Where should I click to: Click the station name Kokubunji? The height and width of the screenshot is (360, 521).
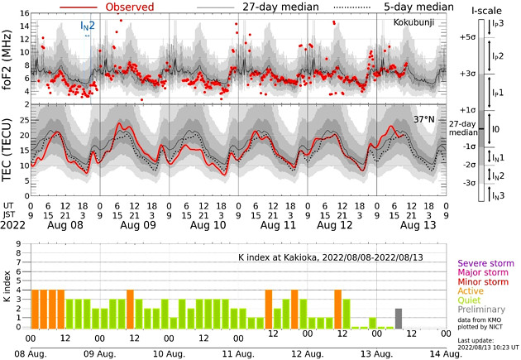418,21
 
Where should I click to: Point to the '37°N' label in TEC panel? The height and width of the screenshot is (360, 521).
427,119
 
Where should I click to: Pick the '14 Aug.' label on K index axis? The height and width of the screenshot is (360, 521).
440,353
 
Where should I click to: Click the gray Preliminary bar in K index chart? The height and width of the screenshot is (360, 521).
399,319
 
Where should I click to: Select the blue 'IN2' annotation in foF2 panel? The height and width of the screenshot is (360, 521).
87,26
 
